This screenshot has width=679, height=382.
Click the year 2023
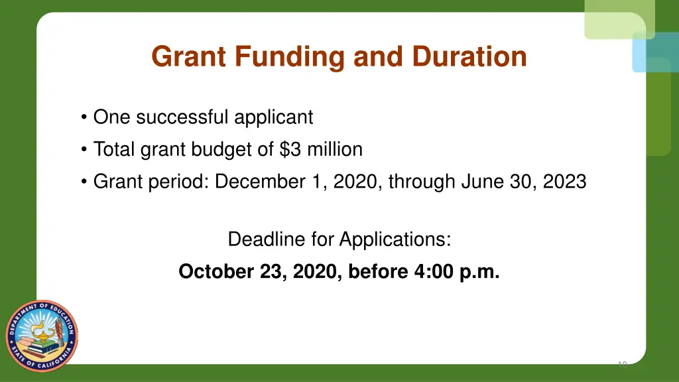(564, 181)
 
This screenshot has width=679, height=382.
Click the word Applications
(395, 239)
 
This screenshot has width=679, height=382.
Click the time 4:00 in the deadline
(435, 271)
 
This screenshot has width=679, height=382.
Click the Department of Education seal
(42, 335)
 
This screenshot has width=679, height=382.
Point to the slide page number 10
(622, 364)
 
